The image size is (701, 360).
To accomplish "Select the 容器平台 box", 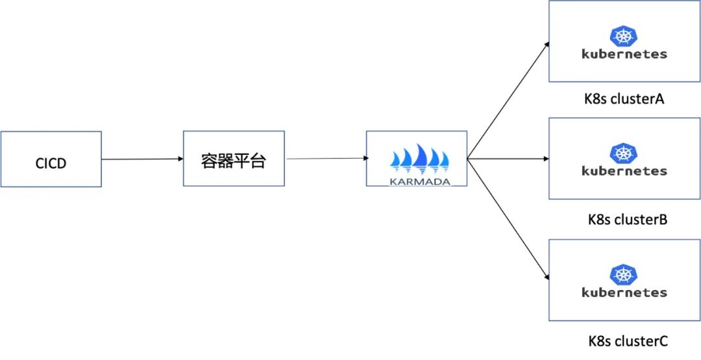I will pyautogui.click(x=234, y=160).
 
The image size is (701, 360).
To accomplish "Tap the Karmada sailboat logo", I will pyautogui.click(x=419, y=158).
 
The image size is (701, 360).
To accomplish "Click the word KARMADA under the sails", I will pyautogui.click(x=419, y=181).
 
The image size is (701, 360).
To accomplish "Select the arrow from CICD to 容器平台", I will pyautogui.click(x=141, y=159).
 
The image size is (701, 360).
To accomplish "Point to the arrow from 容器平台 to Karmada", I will pyautogui.click(x=325, y=158).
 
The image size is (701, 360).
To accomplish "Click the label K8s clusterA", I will pyautogui.click(x=624, y=100).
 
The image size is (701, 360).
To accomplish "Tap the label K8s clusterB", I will pyautogui.click(x=628, y=219).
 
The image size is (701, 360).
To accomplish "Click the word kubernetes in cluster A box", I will pyautogui.click(x=624, y=54).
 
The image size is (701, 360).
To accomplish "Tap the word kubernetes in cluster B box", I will pyautogui.click(x=624, y=171).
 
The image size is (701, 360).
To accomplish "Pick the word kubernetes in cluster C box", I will pyautogui.click(x=624, y=293).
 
